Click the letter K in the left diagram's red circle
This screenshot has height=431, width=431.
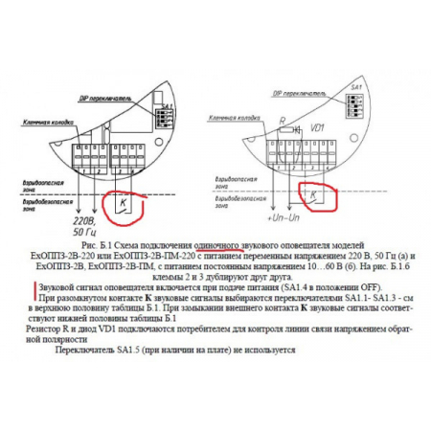click(122, 203)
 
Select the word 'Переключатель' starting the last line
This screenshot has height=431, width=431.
click(87, 351)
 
